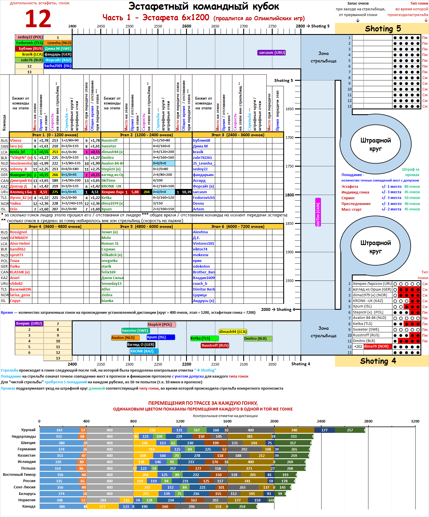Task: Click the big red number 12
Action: (x=38, y=19)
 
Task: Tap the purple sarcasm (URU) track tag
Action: (x=272, y=53)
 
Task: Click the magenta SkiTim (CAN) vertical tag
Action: (x=318, y=212)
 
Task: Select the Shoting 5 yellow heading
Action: (x=383, y=29)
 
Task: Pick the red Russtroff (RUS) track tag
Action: (x=215, y=346)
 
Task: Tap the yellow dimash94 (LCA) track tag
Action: (x=233, y=332)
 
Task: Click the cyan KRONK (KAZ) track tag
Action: (x=144, y=351)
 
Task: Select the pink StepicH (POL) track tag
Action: (x=161, y=325)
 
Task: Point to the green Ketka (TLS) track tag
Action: (x=204, y=338)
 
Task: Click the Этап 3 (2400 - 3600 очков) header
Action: (x=238, y=135)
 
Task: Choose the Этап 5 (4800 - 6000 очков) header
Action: (x=146, y=226)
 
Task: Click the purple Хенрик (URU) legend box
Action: (x=29, y=323)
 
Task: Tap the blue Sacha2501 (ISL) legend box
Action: (x=58, y=66)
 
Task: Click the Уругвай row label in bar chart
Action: (x=28, y=430)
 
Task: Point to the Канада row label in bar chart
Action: (x=29, y=506)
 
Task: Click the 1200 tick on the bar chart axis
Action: (x=180, y=421)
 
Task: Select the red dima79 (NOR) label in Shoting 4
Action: (x=378, y=346)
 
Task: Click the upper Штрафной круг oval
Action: (x=375, y=144)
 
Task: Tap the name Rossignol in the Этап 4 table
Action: (x=18, y=232)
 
